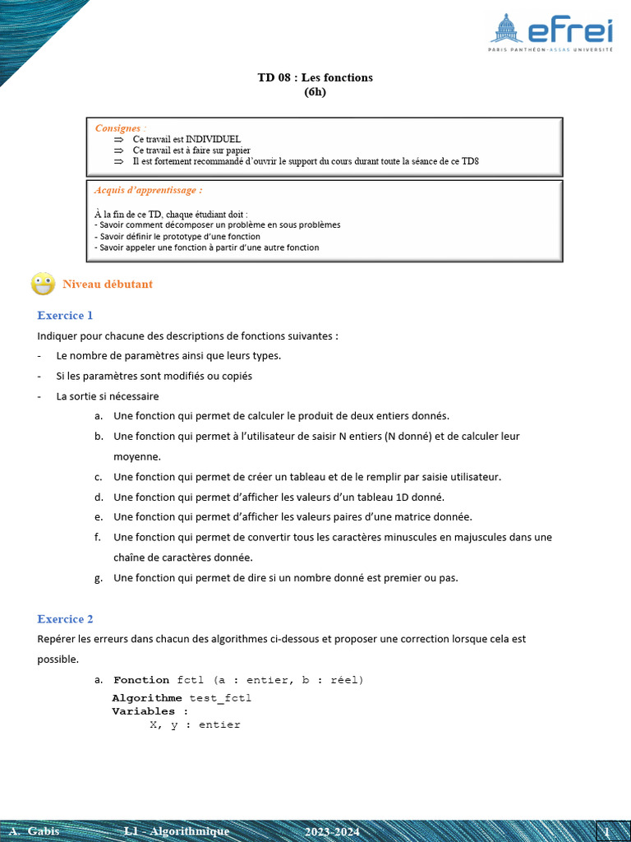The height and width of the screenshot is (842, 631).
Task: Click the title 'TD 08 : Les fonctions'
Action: (x=315, y=77)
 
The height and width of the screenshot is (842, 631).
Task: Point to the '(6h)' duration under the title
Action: (x=315, y=92)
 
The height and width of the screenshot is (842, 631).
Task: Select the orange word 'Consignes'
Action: (x=117, y=128)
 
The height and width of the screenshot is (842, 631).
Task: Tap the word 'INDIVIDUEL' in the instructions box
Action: (x=213, y=140)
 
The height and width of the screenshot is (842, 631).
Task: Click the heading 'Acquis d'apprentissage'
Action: (x=148, y=190)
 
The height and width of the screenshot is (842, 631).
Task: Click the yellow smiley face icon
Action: (x=43, y=284)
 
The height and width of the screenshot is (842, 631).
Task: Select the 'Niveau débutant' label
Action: (x=108, y=285)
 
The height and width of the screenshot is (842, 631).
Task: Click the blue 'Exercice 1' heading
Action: (x=65, y=315)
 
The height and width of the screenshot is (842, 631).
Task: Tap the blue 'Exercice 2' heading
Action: (x=65, y=618)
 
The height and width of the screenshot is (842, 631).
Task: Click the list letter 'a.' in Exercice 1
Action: (x=99, y=416)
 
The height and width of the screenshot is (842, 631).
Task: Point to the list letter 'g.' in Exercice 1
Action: (x=99, y=578)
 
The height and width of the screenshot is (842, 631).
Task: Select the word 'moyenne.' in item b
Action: (x=137, y=456)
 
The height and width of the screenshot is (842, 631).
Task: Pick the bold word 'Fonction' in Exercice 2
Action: (x=141, y=680)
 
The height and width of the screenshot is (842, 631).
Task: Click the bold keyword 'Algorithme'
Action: (x=147, y=698)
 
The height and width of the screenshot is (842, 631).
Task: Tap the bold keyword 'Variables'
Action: (x=144, y=711)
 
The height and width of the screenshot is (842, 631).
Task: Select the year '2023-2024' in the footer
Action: (x=332, y=832)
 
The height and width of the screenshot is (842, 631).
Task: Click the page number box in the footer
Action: (x=607, y=831)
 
